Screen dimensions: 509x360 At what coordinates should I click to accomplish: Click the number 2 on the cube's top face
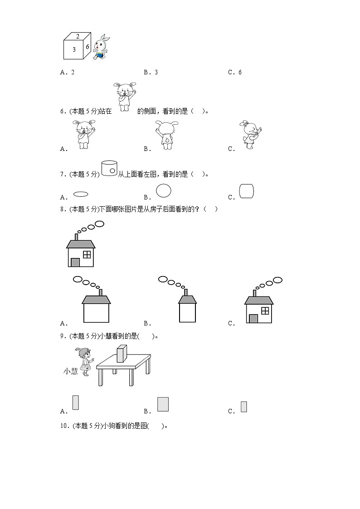(x=78, y=36)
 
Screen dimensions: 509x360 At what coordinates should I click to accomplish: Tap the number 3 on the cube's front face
(x=74, y=50)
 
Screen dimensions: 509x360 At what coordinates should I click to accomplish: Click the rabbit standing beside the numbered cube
(x=102, y=47)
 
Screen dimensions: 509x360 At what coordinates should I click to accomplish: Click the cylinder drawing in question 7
(x=109, y=168)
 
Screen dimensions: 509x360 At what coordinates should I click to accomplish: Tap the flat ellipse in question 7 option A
(x=81, y=194)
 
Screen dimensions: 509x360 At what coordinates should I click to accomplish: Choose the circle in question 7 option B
(x=164, y=191)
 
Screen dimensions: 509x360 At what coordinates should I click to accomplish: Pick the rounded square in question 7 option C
(x=246, y=191)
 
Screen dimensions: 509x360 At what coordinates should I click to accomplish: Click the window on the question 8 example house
(x=87, y=254)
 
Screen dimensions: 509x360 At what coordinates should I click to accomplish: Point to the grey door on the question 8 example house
(x=75, y=262)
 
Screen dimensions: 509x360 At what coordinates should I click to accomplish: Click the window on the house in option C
(x=265, y=310)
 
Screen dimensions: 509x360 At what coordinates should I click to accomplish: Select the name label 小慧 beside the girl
(x=70, y=371)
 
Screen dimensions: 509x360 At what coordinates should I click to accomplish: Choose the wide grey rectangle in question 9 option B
(x=163, y=404)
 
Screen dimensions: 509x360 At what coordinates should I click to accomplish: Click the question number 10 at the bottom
(x=64, y=426)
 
